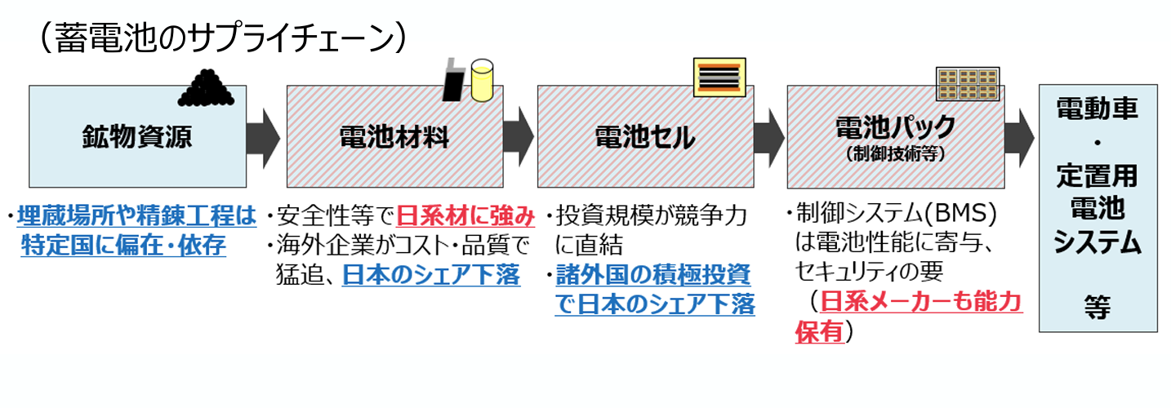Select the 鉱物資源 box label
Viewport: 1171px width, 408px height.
click(x=137, y=136)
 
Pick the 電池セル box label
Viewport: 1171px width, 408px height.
click(x=644, y=136)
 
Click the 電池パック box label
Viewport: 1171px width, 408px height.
click(x=895, y=126)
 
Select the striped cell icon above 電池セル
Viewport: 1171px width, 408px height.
click(x=717, y=78)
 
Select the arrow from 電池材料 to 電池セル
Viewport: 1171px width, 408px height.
click(x=517, y=136)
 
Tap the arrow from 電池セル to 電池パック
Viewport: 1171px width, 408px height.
click(x=768, y=136)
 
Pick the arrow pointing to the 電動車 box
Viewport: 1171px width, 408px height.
click(x=1018, y=136)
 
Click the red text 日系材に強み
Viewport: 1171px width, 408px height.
click(x=465, y=216)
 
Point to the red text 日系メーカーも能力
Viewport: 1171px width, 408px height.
click(x=921, y=303)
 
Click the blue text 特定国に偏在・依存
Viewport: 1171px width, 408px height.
click(x=123, y=246)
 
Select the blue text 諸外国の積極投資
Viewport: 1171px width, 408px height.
click(x=652, y=275)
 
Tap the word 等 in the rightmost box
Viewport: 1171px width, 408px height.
click(x=1098, y=308)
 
